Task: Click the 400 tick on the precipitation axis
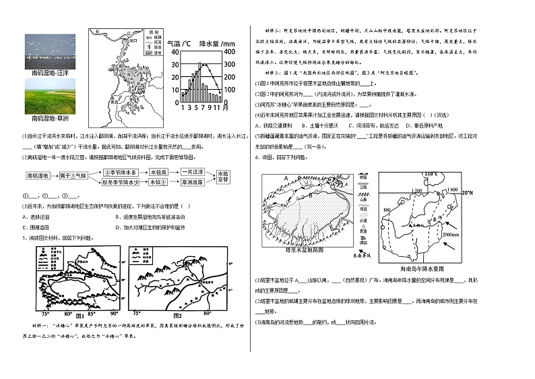coord(229,52)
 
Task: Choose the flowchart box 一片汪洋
coord(193,172)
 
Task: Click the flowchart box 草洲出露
coord(193,182)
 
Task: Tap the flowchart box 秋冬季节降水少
coord(121,182)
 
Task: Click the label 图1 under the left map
coord(76,315)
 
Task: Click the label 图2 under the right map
coord(179,315)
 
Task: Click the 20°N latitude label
coord(468,193)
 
